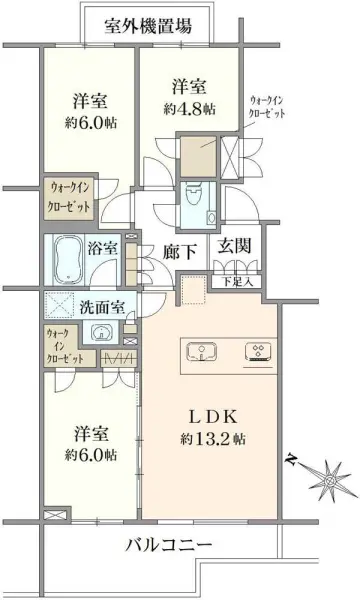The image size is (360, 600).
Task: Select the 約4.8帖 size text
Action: point(191,112)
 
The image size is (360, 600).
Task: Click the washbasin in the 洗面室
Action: point(98,333)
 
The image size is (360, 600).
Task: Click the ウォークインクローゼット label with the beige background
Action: point(68,197)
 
